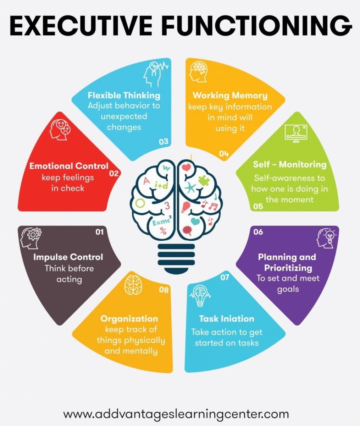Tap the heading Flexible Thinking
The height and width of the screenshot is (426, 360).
click(x=124, y=95)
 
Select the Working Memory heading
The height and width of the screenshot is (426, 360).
click(x=230, y=95)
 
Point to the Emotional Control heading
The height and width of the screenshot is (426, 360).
click(x=69, y=166)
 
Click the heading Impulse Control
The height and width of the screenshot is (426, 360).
click(x=68, y=257)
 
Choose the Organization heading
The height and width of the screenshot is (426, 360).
click(x=129, y=319)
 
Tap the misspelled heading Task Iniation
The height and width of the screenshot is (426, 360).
click(x=227, y=319)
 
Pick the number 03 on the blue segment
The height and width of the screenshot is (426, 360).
click(x=163, y=142)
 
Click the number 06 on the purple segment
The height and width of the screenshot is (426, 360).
click(x=258, y=232)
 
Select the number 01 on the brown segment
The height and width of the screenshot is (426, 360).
click(x=99, y=232)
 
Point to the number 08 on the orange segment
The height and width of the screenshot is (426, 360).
click(x=164, y=290)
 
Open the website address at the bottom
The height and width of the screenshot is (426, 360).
click(x=176, y=414)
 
